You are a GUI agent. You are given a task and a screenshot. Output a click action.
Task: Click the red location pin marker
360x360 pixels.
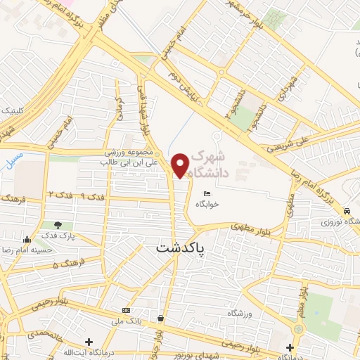[x=181, y=165]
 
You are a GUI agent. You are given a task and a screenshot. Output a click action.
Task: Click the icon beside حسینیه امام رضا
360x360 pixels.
[x=27, y=238]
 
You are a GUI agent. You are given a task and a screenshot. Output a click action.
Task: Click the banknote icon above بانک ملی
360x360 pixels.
[x=126, y=310]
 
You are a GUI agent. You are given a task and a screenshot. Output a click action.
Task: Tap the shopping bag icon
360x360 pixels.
[x=162, y=319]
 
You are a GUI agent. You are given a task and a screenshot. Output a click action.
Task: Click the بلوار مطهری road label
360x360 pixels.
[x=250, y=226]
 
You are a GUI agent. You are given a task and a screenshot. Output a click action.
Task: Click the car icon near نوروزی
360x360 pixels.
[x=347, y=211]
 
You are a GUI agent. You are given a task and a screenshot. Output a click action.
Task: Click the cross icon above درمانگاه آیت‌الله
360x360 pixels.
[x=89, y=342]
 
